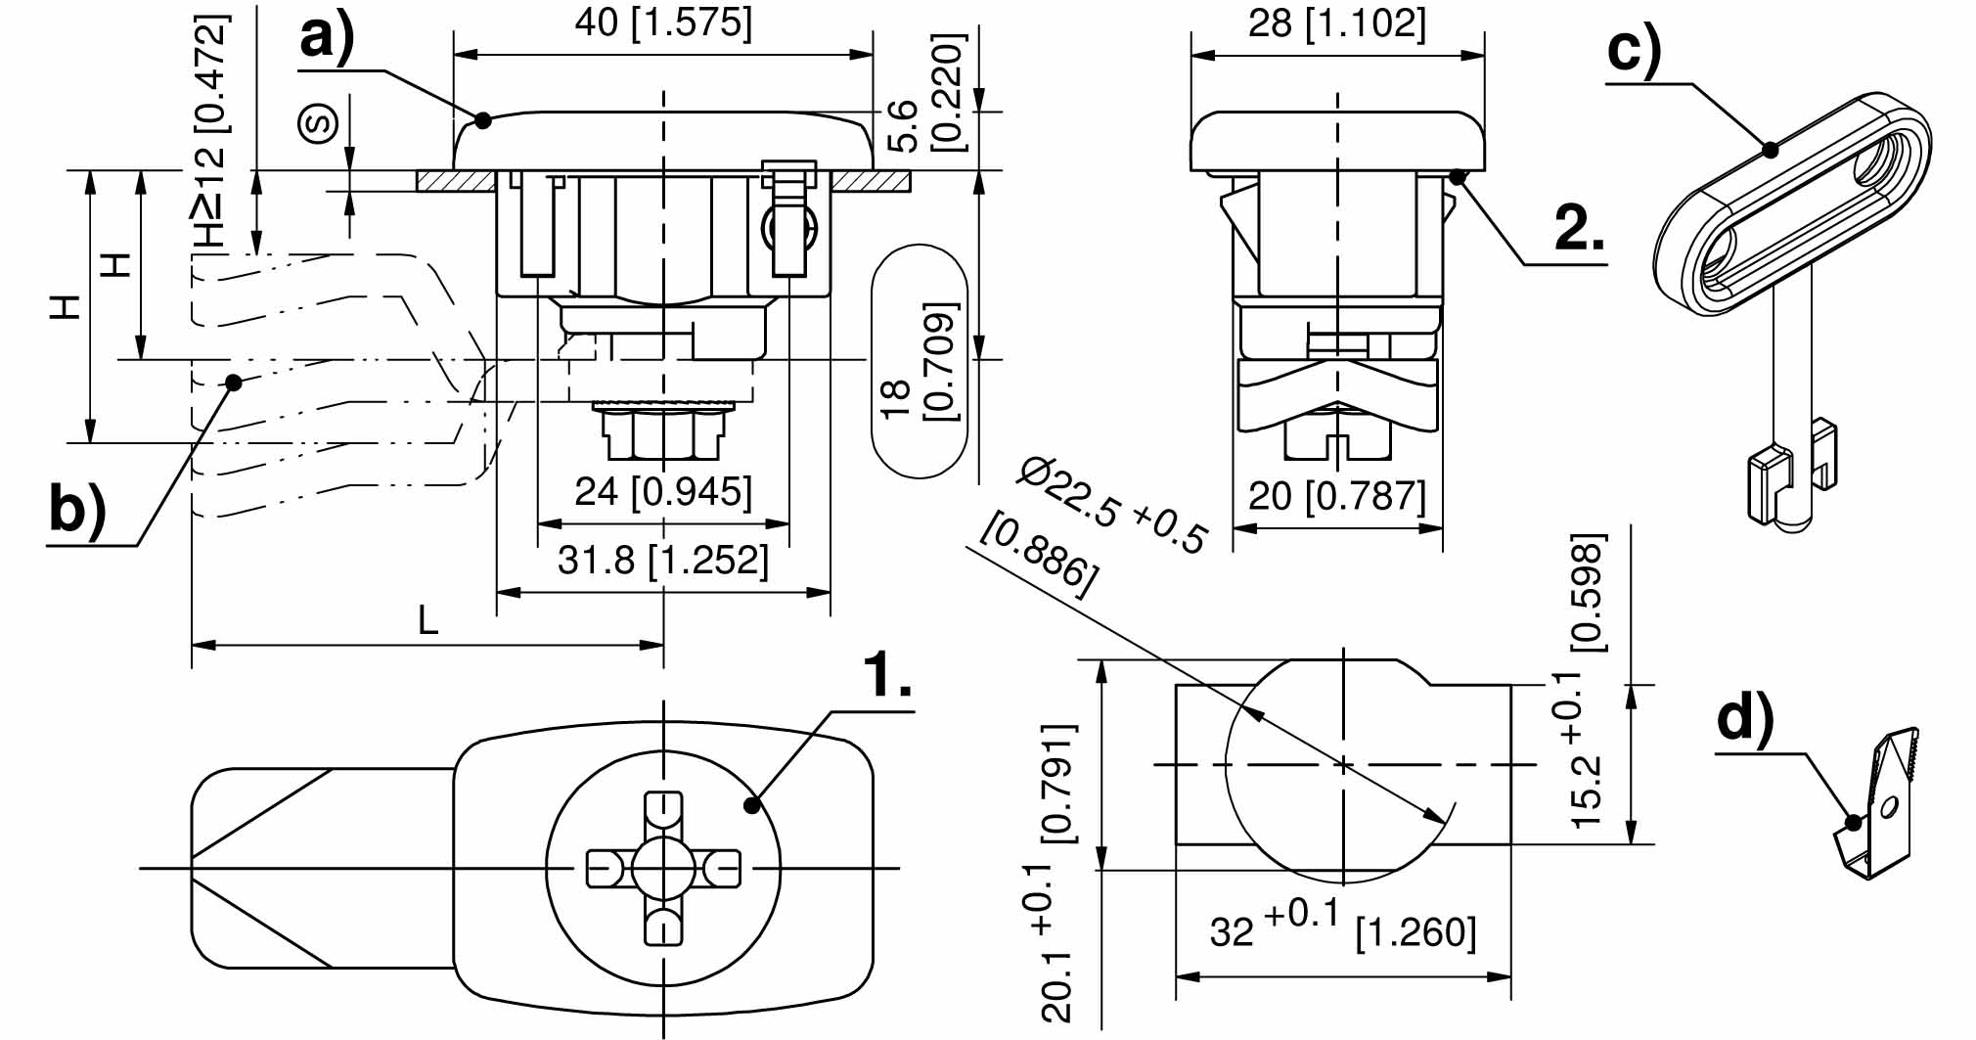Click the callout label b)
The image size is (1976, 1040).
pyautogui.click(x=77, y=511)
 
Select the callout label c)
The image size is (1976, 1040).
pyautogui.click(x=1634, y=49)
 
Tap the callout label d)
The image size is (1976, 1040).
pyautogui.click(x=1745, y=720)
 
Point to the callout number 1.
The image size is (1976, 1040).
pyautogui.click(x=886, y=674)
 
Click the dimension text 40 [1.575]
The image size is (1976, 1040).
pyautogui.click(x=663, y=23)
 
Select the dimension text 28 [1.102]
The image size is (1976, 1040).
pyautogui.click(x=1336, y=23)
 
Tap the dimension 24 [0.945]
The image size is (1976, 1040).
pyautogui.click(x=663, y=491)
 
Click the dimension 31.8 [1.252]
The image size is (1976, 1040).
pyautogui.click(x=663, y=561)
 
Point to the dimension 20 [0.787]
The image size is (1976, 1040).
pyautogui.click(x=1336, y=496)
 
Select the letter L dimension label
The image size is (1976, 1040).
pyautogui.click(x=427, y=620)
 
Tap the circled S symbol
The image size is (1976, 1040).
pyautogui.click(x=319, y=123)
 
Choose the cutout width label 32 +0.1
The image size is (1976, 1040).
pyautogui.click(x=1273, y=926)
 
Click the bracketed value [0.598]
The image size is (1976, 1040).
pyautogui.click(x=1588, y=592)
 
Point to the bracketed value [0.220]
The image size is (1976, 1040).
pyautogui.click(x=946, y=93)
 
